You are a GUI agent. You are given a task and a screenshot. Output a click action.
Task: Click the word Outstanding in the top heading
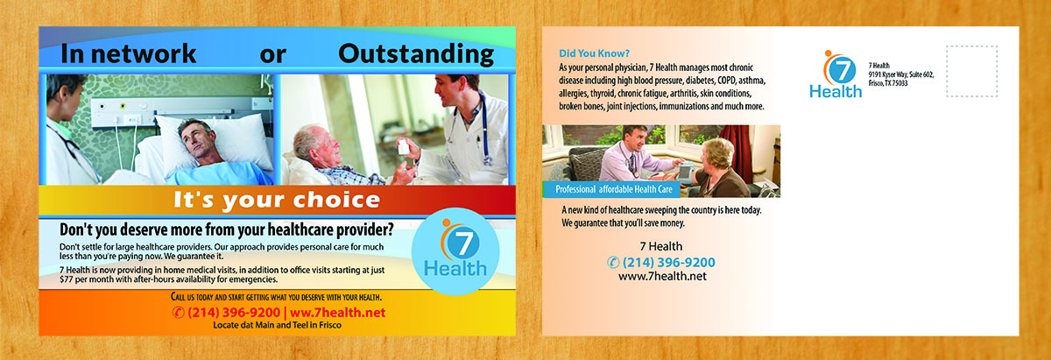pos(415,54)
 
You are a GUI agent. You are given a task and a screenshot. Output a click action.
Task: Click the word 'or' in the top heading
pos(272,54)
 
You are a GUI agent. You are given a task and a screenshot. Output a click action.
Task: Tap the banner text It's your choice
pos(277,200)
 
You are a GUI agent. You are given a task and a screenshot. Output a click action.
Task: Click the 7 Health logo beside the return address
pos(830,74)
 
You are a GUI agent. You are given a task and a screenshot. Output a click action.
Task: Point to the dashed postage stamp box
pos(971,72)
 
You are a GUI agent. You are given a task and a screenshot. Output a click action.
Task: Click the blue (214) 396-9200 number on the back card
pos(661,262)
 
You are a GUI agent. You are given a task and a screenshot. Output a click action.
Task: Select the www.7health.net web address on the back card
pos(662,277)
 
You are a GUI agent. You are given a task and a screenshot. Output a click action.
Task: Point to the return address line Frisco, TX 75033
pos(888,83)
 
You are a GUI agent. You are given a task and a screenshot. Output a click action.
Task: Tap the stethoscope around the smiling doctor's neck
pos(479,127)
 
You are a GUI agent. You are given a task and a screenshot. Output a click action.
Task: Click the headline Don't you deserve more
pos(226,231)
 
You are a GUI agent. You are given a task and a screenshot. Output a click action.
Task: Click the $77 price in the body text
pos(69,279)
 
